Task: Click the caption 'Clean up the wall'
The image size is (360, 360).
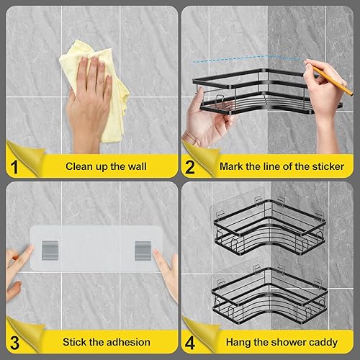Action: pos(106,166)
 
